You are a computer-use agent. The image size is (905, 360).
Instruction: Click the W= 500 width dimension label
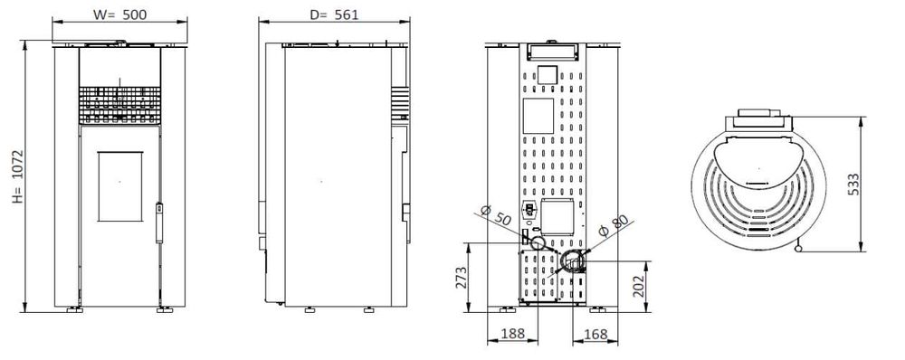120,14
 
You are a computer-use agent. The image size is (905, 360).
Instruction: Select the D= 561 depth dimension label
334,14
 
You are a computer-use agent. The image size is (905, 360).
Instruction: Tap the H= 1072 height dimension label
17,176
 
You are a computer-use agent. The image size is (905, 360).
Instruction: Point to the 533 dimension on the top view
853,185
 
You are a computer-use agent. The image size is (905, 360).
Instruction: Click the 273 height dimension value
462,278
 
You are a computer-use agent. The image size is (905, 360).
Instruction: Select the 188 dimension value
512,334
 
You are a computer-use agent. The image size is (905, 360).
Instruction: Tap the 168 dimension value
595,334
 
